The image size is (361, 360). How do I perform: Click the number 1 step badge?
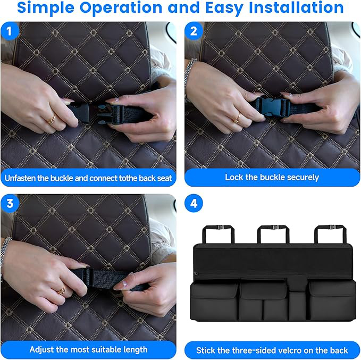coord(10,31)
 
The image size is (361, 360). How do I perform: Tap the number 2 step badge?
coord(194,31)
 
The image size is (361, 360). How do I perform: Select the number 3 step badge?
coord(10,204)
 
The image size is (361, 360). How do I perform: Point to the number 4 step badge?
coord(194,204)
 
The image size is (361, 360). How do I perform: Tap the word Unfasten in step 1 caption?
coord(23,178)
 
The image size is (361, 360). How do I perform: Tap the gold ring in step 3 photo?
coord(62,290)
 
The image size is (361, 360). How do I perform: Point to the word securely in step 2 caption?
coord(300,177)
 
